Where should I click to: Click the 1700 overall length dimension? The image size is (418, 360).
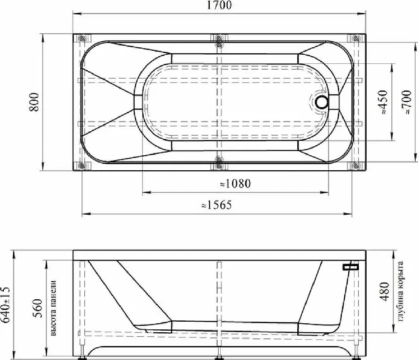pyautogui.click(x=219, y=5)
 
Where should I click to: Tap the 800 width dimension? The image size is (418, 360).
pyautogui.click(x=34, y=102)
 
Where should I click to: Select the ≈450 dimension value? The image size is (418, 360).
pyautogui.click(x=383, y=102)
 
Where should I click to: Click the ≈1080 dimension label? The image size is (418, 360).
pyautogui.click(x=235, y=184)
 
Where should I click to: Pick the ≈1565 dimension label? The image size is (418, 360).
pyautogui.click(x=216, y=205)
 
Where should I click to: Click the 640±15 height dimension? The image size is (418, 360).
pyautogui.click(x=5, y=305)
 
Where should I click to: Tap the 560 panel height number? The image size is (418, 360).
pyautogui.click(x=38, y=308)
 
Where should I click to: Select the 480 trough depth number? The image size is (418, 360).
pyautogui.click(x=385, y=292)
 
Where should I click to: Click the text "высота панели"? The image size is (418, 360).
pyautogui.click(x=53, y=308)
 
